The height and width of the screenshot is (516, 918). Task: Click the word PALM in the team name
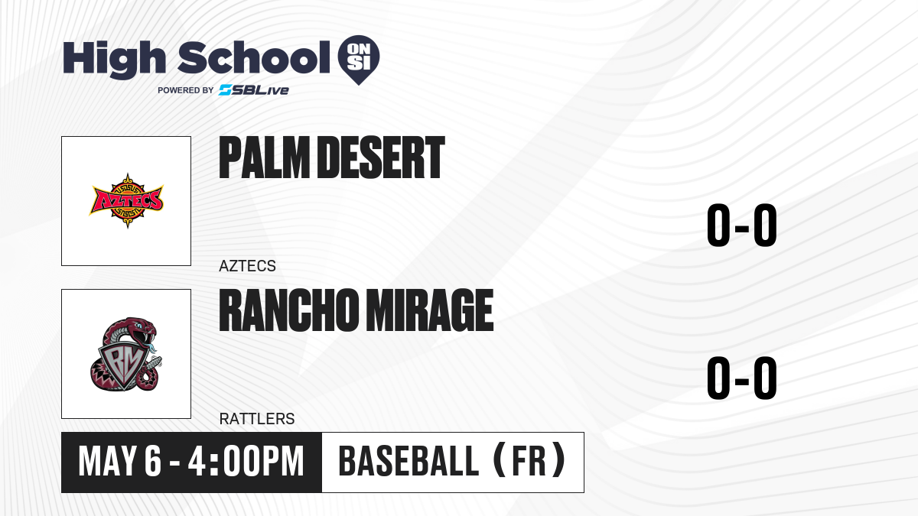click(264, 157)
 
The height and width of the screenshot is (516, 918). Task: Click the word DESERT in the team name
click(381, 157)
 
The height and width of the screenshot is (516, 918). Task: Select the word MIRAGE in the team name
click(429, 310)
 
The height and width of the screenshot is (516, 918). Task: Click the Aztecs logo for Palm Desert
click(126, 200)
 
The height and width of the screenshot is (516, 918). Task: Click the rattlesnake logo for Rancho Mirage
click(126, 354)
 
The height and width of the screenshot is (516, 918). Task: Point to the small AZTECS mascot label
click(247, 266)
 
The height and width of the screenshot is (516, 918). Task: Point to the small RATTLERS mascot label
click(257, 419)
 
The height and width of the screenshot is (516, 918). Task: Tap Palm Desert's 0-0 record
click(742, 225)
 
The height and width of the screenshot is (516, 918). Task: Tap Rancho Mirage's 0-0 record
click(742, 378)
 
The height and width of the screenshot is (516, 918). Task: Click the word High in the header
click(114, 59)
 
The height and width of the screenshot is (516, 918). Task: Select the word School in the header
click(254, 57)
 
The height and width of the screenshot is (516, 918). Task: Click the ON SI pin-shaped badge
click(359, 60)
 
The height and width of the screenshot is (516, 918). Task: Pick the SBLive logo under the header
click(254, 90)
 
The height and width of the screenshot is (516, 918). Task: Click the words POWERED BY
click(186, 90)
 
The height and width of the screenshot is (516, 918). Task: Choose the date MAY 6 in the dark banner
click(119, 462)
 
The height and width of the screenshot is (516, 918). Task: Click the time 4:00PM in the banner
click(246, 462)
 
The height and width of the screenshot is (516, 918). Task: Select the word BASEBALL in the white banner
click(409, 462)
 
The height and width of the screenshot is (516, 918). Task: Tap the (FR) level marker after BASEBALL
click(529, 461)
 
